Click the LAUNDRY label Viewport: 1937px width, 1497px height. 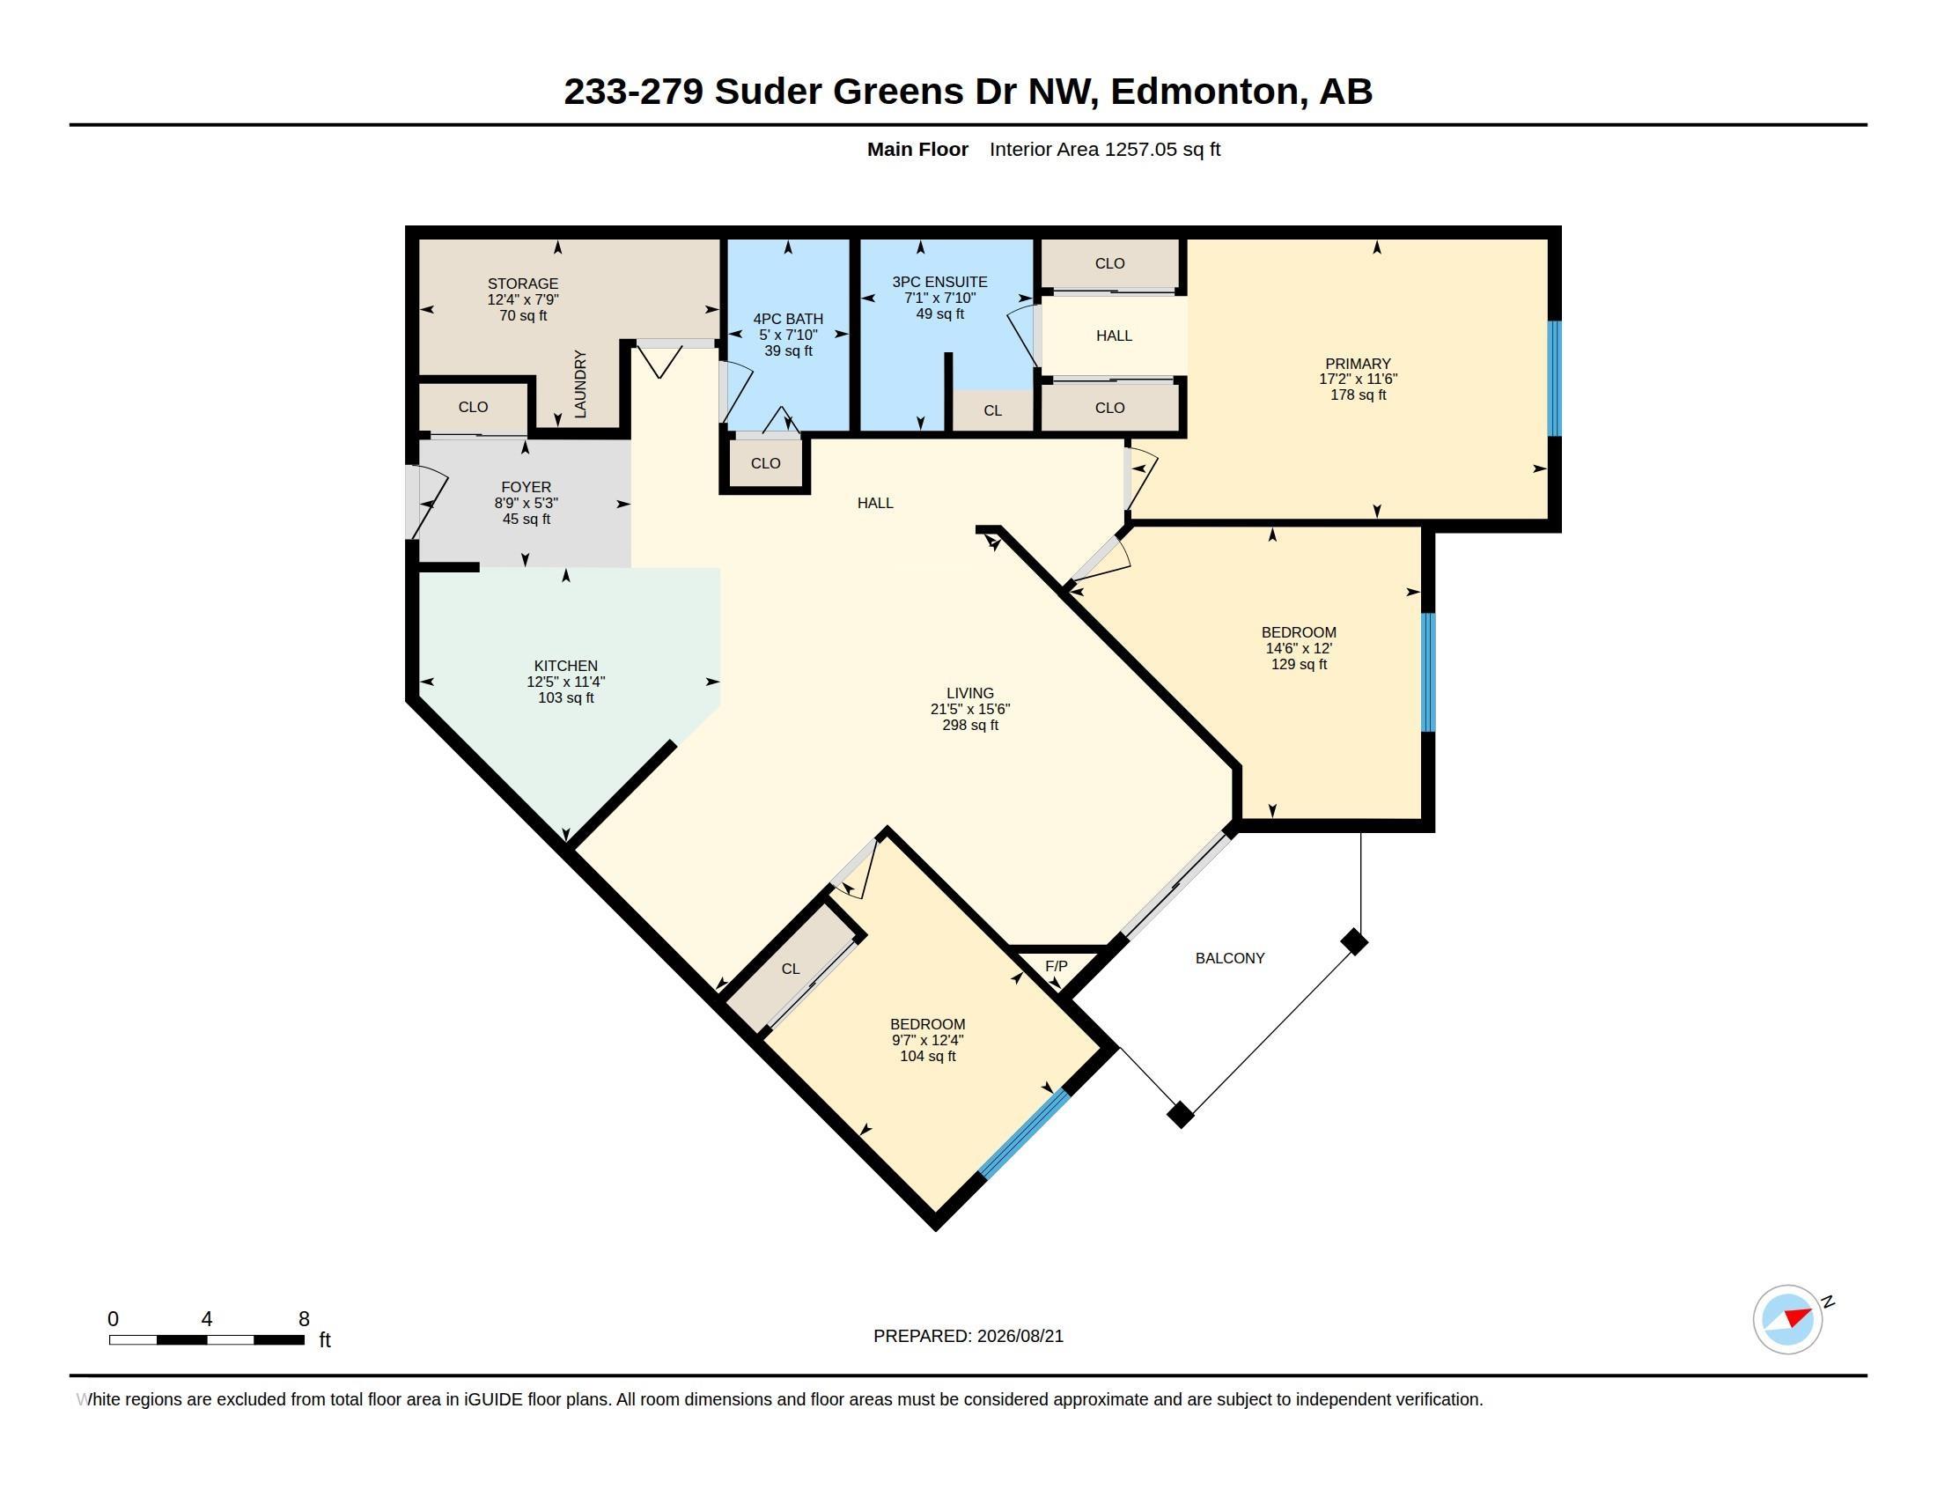[x=580, y=383]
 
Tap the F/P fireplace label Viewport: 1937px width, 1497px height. [x=1056, y=966]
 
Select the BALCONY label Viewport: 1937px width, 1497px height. [x=1229, y=958]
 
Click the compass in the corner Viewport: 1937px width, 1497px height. [x=1788, y=1319]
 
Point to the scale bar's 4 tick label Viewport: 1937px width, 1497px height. [x=207, y=1319]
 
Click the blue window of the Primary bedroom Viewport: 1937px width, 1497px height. [x=1554, y=379]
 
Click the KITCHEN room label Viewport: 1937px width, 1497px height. [x=566, y=666]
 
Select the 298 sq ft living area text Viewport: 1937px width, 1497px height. [x=970, y=726]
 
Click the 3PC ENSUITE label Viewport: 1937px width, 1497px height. [x=939, y=282]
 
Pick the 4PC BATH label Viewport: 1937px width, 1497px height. [x=788, y=320]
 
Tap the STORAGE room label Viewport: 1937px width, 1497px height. [x=522, y=284]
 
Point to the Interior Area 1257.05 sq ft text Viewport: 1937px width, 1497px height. [x=1105, y=149]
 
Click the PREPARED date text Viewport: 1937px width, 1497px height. [x=968, y=1336]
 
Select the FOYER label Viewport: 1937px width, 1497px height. [x=526, y=487]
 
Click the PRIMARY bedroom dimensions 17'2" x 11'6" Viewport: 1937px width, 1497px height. [x=1358, y=379]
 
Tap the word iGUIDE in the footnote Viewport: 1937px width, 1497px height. [x=492, y=1399]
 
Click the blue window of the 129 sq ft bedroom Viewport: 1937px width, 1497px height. [x=1428, y=672]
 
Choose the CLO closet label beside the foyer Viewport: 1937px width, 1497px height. [x=473, y=407]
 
